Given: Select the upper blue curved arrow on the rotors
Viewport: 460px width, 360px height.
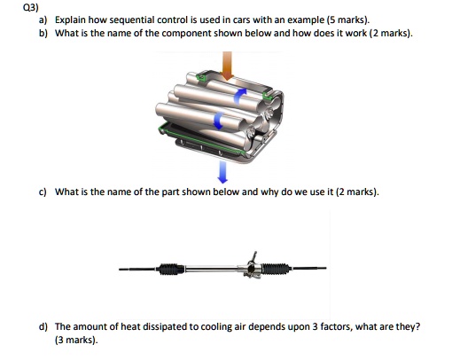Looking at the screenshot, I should point(238,94).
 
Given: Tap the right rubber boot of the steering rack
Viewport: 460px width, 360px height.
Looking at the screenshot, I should point(279,264).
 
